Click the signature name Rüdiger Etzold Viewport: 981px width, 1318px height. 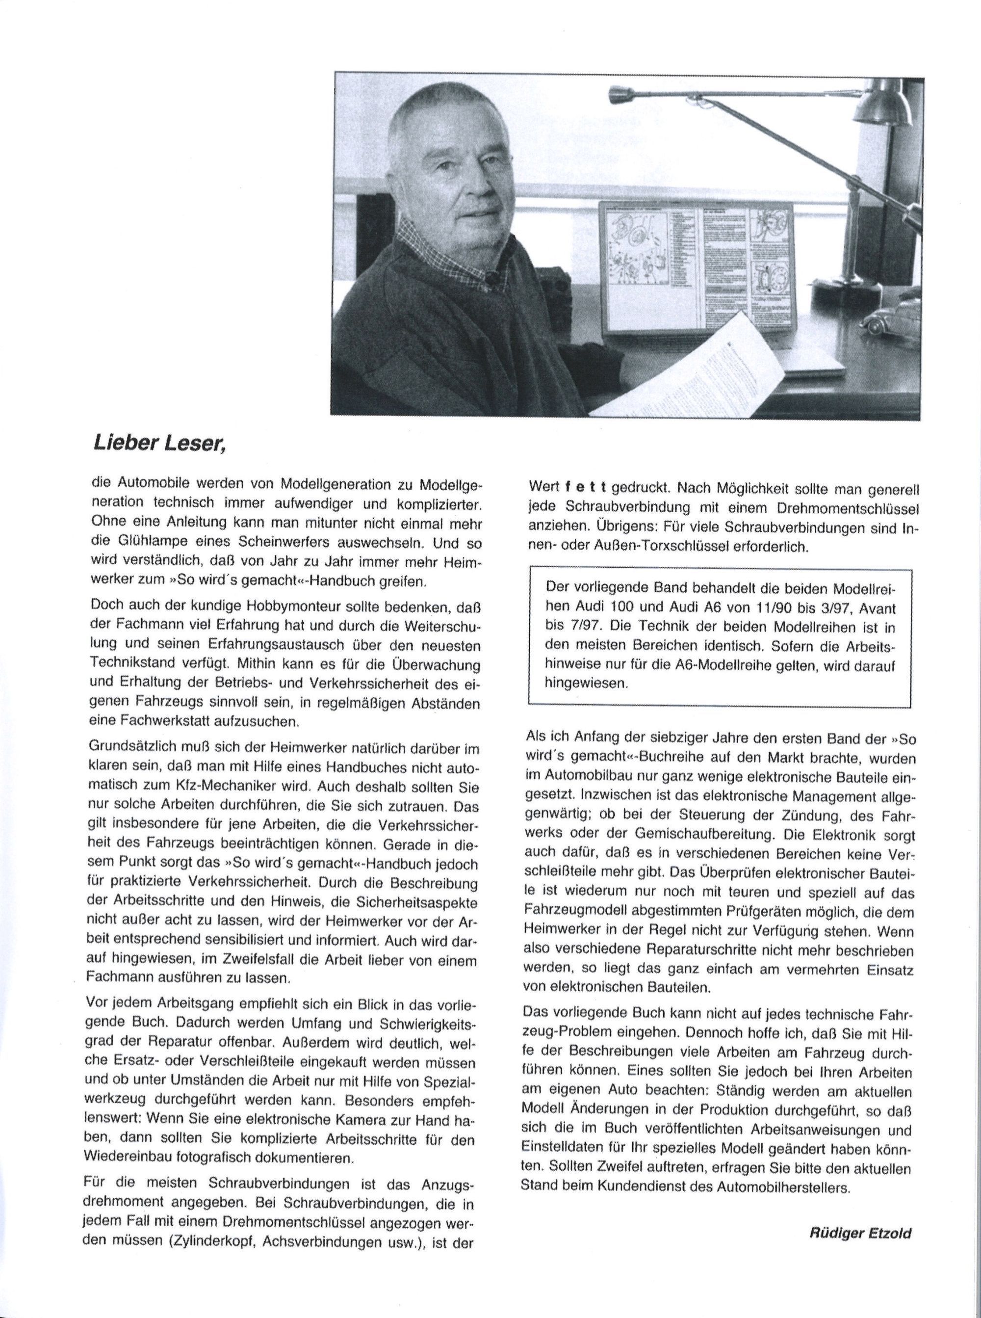[x=860, y=1228]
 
